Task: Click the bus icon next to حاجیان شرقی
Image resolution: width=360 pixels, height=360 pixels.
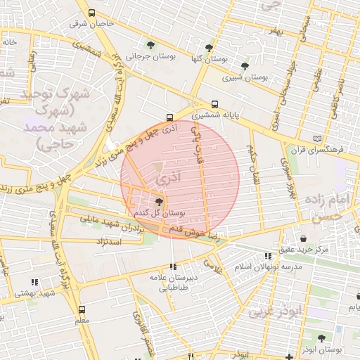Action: click(x=92, y=13)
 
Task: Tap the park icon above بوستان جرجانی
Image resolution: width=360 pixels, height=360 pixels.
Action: click(x=150, y=46)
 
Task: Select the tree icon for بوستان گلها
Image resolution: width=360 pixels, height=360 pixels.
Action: click(x=208, y=48)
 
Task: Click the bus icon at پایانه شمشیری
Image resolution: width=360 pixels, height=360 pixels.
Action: click(x=214, y=104)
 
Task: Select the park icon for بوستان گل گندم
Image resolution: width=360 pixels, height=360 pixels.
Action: click(x=158, y=201)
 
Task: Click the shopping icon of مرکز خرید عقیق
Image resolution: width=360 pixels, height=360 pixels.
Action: click(x=303, y=238)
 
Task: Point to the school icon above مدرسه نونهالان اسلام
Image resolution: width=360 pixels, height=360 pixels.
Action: click(x=266, y=256)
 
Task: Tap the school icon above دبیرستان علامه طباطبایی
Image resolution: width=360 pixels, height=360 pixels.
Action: click(x=173, y=266)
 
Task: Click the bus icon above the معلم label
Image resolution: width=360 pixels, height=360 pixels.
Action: click(x=82, y=309)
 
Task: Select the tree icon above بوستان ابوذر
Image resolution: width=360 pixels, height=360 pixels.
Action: click(x=321, y=338)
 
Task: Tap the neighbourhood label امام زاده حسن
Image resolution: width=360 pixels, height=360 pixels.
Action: click(x=326, y=208)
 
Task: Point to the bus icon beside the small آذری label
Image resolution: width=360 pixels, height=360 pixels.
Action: click(x=169, y=117)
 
